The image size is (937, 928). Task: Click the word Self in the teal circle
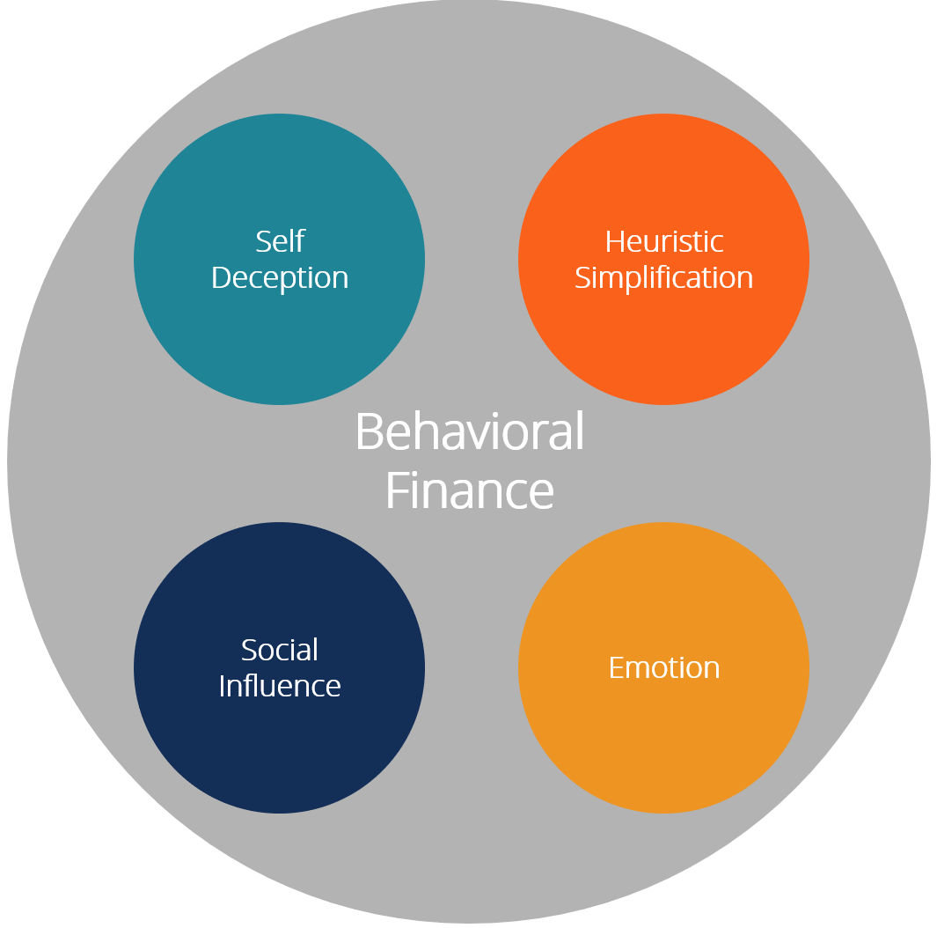point(280,240)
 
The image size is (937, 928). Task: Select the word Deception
point(280,277)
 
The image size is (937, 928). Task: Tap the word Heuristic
point(664,240)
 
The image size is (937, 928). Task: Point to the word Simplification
point(664,277)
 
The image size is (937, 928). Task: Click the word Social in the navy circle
point(280,650)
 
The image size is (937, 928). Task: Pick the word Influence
point(280,686)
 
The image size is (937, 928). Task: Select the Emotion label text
point(664,667)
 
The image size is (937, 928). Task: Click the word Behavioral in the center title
point(469,431)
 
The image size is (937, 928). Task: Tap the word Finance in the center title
point(469,490)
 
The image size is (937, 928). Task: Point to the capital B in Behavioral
point(370,432)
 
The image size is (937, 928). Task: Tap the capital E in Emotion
point(617,667)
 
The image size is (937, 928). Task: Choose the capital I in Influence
point(223,686)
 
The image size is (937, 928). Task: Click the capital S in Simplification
point(583,277)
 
